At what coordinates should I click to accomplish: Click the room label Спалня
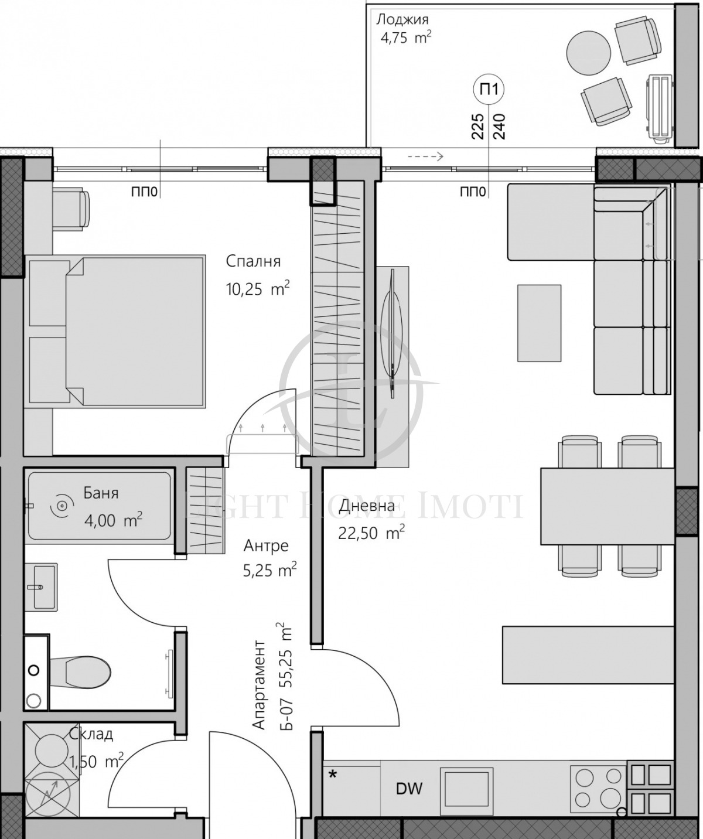coord(253,261)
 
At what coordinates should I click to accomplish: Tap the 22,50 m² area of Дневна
coord(371,533)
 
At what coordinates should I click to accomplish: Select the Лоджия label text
coord(402,19)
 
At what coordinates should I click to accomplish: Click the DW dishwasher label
coord(409,789)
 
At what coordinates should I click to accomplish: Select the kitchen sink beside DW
coord(466,789)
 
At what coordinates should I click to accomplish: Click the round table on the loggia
coord(588,53)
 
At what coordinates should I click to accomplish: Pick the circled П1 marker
coord(489,89)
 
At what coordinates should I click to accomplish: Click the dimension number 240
coord(499,126)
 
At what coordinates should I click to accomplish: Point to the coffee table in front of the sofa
coord(539,323)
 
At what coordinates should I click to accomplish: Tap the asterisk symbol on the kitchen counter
coord(333,775)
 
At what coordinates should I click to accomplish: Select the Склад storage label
coord(91,734)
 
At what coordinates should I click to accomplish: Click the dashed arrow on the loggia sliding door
coord(425,156)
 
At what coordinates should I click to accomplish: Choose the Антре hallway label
coord(266,545)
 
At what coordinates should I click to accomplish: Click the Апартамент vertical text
coord(259,684)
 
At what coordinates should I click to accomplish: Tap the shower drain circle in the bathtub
coord(61,506)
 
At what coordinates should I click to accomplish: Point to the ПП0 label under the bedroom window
coord(144,192)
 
